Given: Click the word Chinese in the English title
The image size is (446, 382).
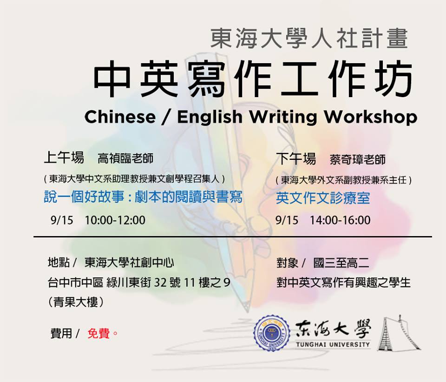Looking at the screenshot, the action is pos(120,117).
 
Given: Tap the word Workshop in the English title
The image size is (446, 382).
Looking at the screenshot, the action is pos(371,117).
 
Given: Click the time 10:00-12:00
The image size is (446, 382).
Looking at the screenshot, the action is pos(115,220).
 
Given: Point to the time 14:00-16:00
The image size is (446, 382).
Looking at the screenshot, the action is pos(340,220).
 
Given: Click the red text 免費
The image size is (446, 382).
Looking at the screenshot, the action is pos(98,333).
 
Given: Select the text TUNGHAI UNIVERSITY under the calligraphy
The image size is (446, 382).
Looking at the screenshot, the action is pos(333,344).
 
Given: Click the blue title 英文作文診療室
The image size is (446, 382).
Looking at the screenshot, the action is pos(323,198).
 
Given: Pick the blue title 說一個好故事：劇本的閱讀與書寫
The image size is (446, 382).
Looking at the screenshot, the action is pos(143,197).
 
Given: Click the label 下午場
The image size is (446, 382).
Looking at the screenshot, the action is pos(296,158).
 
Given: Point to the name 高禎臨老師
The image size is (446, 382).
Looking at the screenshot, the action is pos(125,158).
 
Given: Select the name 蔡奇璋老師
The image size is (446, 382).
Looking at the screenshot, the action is pos(358,159).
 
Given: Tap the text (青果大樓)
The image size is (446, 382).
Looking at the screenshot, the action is pos(76,302).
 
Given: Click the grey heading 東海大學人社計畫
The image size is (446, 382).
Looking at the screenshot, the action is pos(309,38).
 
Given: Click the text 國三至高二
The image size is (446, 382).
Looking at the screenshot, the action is pos(341,263).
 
